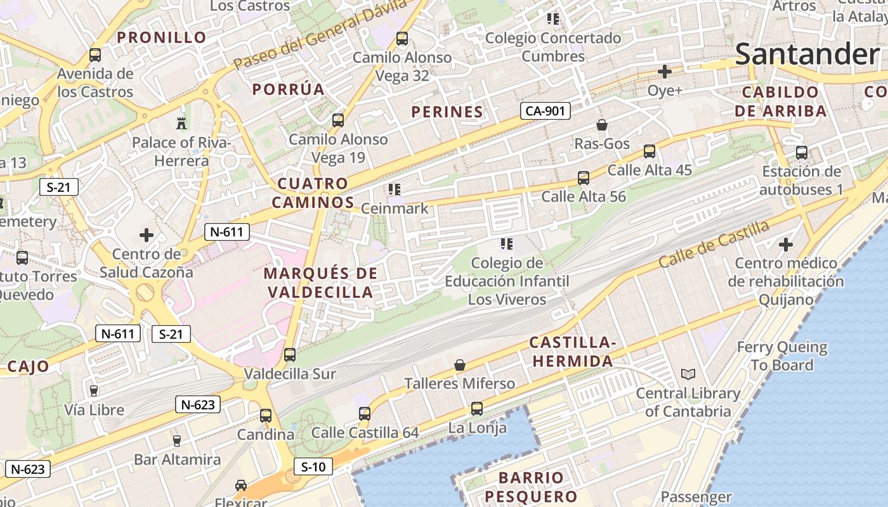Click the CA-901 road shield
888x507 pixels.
(x=545, y=112)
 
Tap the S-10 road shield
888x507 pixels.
(x=313, y=467)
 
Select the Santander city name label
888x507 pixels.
(x=807, y=55)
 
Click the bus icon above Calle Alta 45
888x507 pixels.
(x=650, y=151)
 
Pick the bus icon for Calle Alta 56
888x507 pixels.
(x=584, y=178)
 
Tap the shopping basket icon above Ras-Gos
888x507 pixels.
(x=602, y=125)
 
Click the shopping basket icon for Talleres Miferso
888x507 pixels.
(x=460, y=365)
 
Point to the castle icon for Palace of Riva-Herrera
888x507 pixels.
(x=181, y=123)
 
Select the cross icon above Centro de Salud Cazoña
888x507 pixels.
(x=147, y=235)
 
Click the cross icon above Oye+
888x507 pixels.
(x=664, y=72)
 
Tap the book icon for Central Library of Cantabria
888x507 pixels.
(x=688, y=375)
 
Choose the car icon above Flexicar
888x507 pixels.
(x=241, y=485)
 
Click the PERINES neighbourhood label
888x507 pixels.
(x=447, y=112)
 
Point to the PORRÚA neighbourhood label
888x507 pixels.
(x=289, y=89)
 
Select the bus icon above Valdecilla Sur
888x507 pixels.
(x=290, y=355)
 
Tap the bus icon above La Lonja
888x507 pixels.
(x=477, y=409)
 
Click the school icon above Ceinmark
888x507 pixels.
(x=395, y=189)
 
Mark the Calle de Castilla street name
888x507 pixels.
(x=714, y=243)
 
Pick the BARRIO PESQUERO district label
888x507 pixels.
(x=531, y=487)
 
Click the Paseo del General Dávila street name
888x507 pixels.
(x=320, y=35)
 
